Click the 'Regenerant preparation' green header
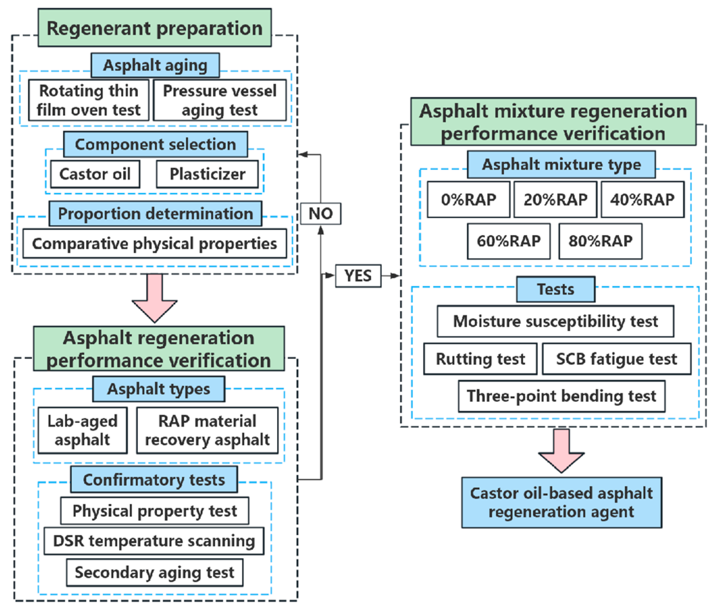point(155,27)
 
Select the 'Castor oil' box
point(95,174)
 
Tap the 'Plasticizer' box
point(207,174)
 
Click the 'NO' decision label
point(320,214)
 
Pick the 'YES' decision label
point(358,276)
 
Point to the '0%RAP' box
point(469,199)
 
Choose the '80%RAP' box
point(600,241)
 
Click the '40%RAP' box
point(642,199)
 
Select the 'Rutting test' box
point(481,358)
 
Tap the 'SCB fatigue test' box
point(617,358)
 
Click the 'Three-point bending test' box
point(562,396)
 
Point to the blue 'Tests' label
point(556,289)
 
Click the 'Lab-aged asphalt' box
point(82,430)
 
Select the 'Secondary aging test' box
point(155,573)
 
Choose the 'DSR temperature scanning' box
point(154,541)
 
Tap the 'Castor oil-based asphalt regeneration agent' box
point(562,502)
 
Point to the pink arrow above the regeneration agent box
point(561,451)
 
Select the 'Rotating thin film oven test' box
point(89,100)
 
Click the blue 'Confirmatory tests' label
point(154,479)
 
